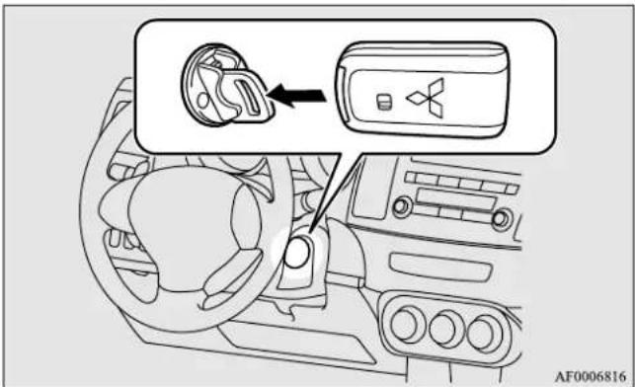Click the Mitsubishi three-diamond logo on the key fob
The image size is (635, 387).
(x=429, y=98)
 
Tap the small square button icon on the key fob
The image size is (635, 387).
(x=384, y=102)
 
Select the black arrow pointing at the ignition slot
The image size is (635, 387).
(x=297, y=96)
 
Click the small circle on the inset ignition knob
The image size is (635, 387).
(x=203, y=99)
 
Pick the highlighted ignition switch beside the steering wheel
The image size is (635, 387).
(x=297, y=252)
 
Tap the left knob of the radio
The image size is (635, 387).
(x=402, y=207)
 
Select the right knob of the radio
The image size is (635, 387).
(x=502, y=220)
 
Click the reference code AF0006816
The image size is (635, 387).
(x=590, y=376)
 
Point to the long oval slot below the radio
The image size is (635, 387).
(x=440, y=268)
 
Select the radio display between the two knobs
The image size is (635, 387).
(x=455, y=199)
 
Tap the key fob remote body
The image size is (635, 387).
(x=423, y=90)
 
